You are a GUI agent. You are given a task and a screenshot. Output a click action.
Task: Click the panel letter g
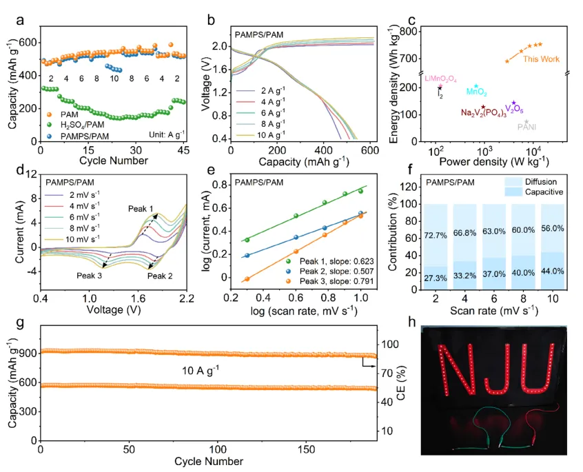point(9,325)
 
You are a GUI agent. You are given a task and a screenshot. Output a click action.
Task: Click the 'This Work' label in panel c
point(541,59)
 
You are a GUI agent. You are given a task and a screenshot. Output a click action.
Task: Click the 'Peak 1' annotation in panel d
point(141,208)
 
